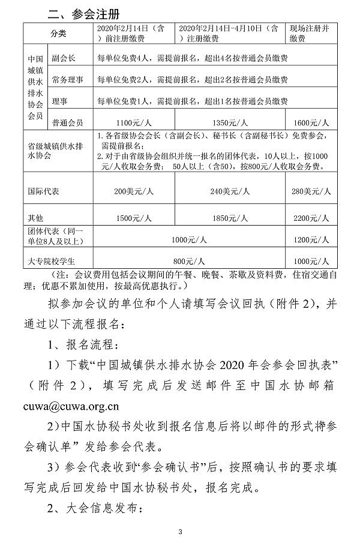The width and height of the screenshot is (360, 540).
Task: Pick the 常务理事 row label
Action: (67, 79)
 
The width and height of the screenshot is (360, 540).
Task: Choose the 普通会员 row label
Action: (67, 119)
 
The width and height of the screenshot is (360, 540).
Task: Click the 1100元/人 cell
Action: (135, 122)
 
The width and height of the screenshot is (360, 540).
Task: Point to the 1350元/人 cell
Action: (230, 122)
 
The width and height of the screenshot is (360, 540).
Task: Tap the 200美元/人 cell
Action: (135, 191)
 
